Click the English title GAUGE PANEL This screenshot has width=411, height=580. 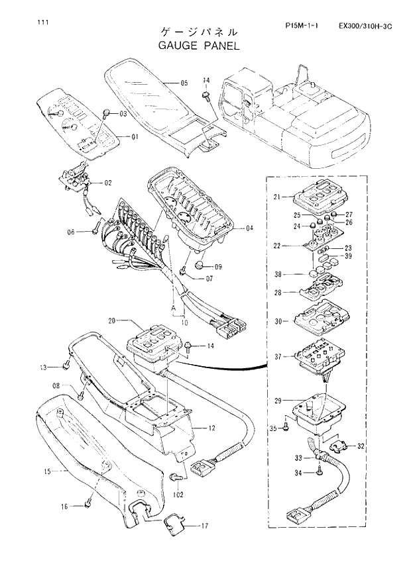click(x=198, y=46)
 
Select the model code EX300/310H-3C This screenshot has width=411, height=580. click(x=365, y=26)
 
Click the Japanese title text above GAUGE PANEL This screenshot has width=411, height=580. click(x=198, y=32)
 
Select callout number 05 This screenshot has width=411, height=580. click(x=184, y=83)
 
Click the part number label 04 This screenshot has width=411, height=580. click(x=249, y=228)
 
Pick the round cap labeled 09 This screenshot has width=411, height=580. click(x=198, y=266)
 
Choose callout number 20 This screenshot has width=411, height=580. click(x=113, y=320)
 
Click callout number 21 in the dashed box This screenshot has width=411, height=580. click(x=278, y=197)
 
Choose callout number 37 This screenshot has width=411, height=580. click(x=278, y=356)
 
